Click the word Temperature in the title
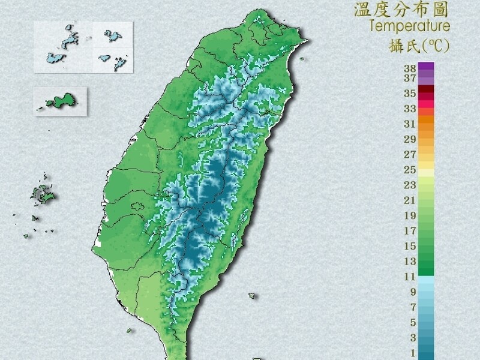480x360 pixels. [x=410, y=26]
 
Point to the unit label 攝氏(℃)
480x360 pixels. [x=419, y=46]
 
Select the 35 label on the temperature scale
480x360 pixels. [x=410, y=93]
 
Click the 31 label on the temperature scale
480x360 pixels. [x=410, y=124]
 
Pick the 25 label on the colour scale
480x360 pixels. [x=410, y=170]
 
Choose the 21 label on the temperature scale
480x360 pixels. [x=410, y=200]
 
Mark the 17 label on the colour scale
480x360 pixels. [x=410, y=231]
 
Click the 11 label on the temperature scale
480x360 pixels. [x=410, y=277]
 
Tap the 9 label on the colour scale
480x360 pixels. [x=413, y=292]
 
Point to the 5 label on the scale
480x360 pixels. [x=413, y=323]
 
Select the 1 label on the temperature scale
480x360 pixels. [x=413, y=353]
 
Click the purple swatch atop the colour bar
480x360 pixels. [x=426, y=67]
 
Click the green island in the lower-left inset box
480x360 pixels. [x=61, y=101]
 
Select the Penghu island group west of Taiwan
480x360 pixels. [x=42, y=194]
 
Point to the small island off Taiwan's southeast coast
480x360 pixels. [x=252, y=295]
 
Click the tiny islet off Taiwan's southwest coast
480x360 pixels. [x=129, y=330]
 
